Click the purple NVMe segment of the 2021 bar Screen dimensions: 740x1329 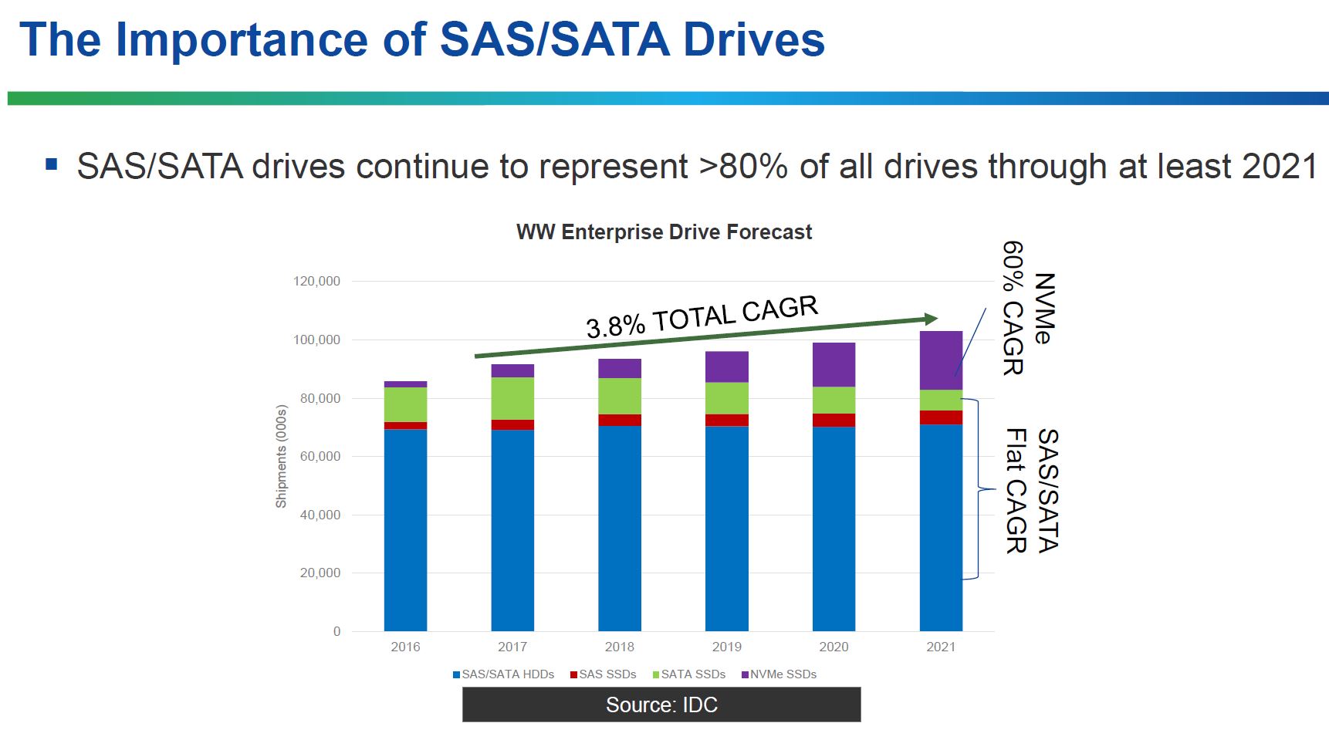click(x=941, y=360)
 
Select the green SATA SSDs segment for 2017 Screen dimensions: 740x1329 click(x=512, y=398)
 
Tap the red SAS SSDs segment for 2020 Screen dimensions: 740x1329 click(x=834, y=420)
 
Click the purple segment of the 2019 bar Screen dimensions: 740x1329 click(x=726, y=367)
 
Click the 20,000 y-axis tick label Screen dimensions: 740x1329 click(x=320, y=573)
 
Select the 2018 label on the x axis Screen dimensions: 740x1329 click(x=619, y=647)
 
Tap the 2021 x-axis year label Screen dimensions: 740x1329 click(x=940, y=647)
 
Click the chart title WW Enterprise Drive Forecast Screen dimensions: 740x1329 click(x=664, y=232)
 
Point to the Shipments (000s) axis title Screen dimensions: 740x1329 click(x=281, y=456)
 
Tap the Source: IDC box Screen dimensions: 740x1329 click(x=661, y=705)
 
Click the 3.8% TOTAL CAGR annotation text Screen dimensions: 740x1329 click(x=702, y=317)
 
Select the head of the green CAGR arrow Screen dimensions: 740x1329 click(x=932, y=319)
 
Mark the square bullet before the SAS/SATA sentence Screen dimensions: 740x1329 click(x=52, y=164)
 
